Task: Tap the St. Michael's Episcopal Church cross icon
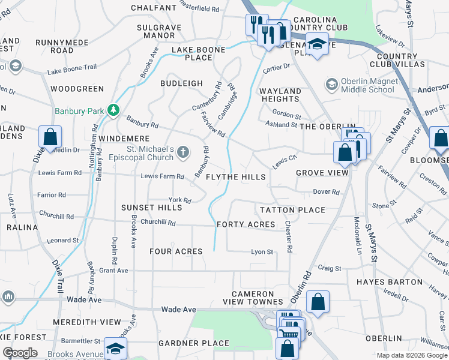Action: [x=183, y=153]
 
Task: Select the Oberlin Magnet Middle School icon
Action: [x=331, y=85]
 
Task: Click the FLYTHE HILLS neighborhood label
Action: [x=236, y=177]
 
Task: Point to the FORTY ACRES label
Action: [x=246, y=224]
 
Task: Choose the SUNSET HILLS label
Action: [x=151, y=208]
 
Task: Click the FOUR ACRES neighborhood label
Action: [x=175, y=251]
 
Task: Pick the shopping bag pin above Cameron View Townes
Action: [x=318, y=302]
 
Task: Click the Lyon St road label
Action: [x=262, y=252]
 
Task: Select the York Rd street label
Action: [x=179, y=200]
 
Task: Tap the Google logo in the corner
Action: [x=19, y=353]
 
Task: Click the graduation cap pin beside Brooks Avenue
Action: [x=115, y=349]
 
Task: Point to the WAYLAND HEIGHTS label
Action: [x=280, y=95]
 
